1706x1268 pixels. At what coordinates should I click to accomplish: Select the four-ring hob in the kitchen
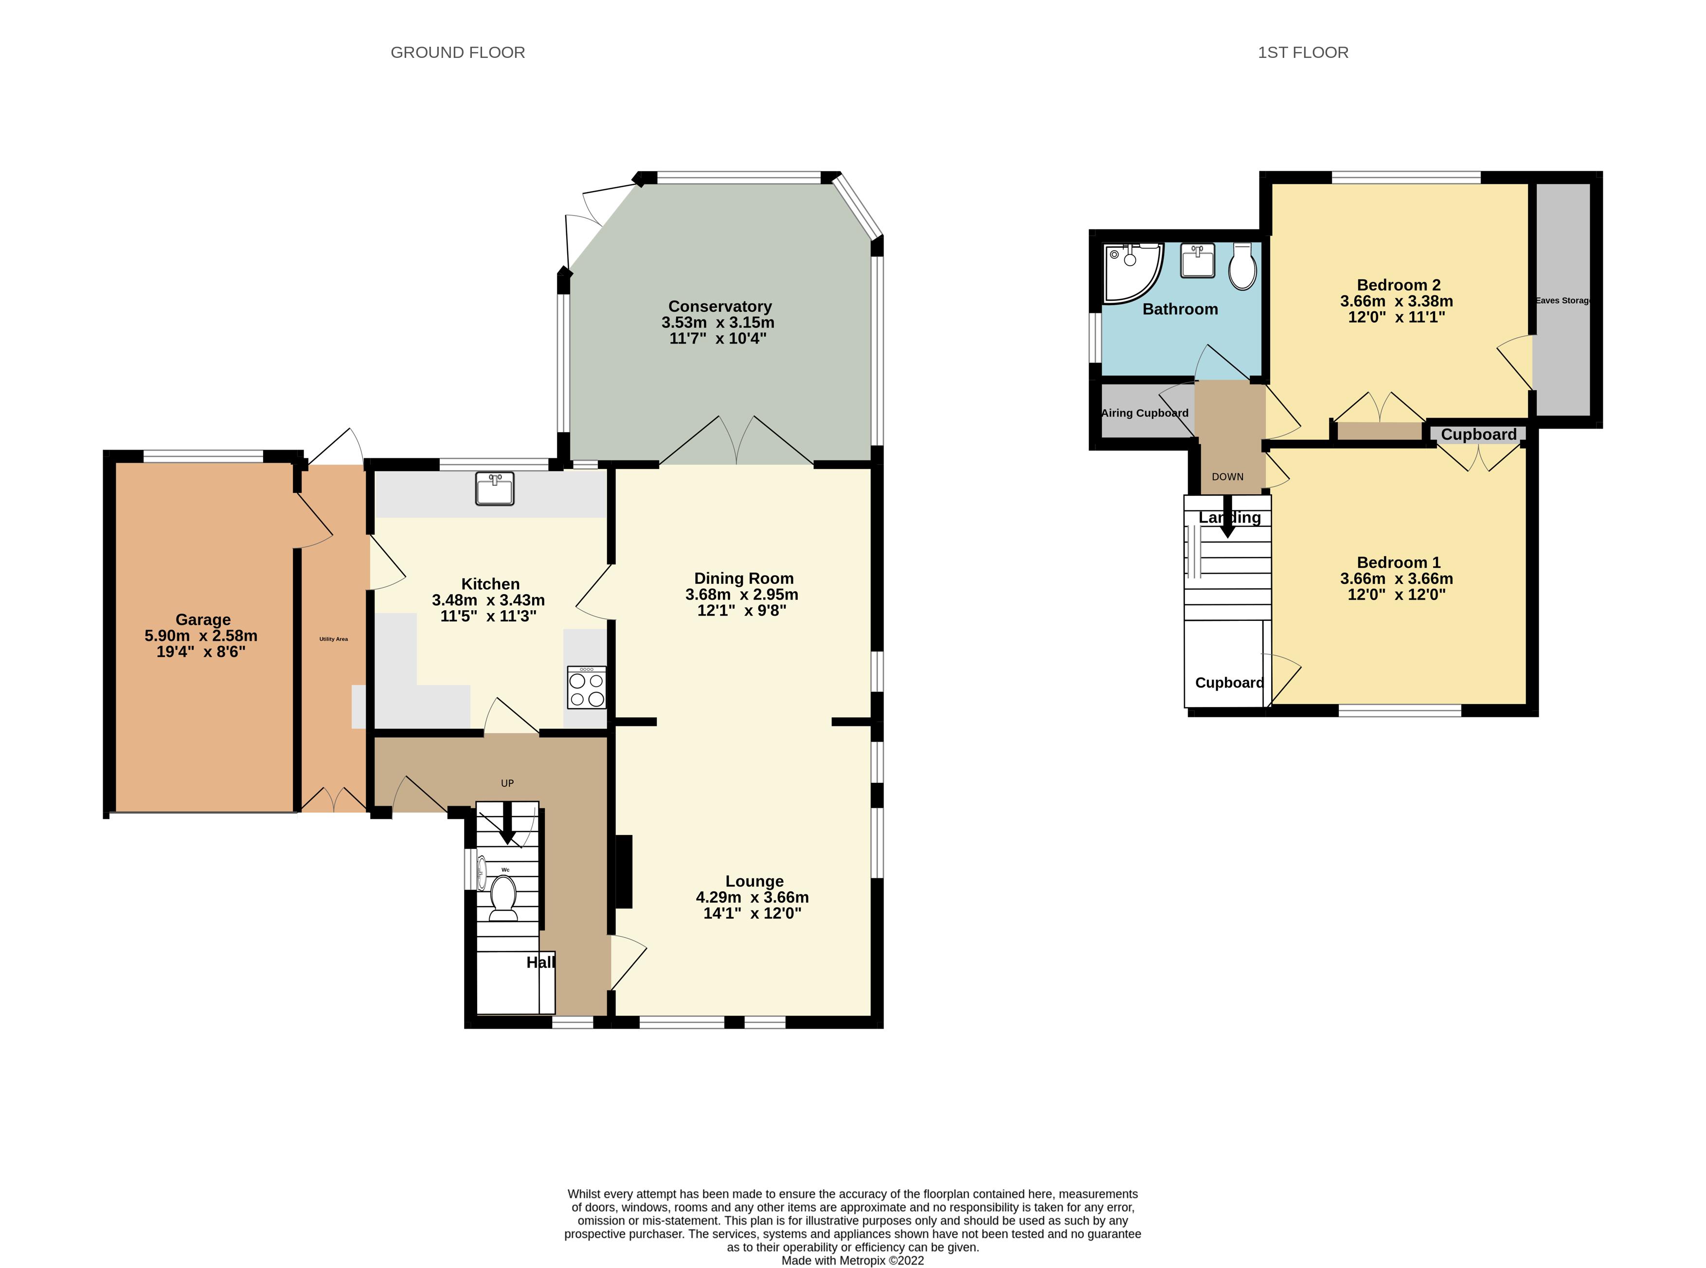point(586,688)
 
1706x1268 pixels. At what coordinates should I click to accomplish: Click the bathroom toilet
point(1242,266)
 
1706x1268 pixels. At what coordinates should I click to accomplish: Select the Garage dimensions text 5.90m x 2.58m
point(201,635)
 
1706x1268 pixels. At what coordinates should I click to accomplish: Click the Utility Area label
point(333,638)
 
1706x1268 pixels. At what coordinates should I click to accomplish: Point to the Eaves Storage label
point(1562,300)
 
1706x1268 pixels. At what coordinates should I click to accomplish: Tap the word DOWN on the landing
point(1227,477)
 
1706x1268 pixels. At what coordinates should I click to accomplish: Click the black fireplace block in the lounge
point(623,871)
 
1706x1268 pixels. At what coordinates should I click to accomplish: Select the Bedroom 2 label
point(1398,285)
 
